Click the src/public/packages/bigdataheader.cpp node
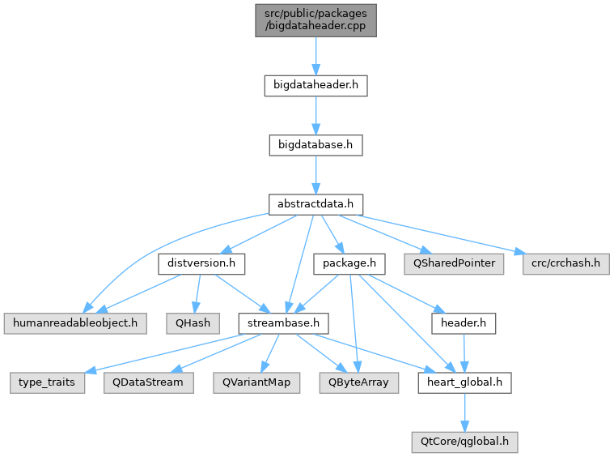315,20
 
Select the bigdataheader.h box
315,86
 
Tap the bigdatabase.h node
315,145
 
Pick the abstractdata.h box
315,204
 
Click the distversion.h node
201,264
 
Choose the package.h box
349,264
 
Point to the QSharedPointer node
454,264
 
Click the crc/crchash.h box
565,264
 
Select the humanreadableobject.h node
75,323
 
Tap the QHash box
193,323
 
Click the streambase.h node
283,323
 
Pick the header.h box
464,323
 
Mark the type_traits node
48,383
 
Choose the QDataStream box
148,383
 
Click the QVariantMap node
256,383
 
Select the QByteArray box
358,383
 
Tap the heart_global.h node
464,383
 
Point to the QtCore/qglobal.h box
464,442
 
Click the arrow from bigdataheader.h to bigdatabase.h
315,116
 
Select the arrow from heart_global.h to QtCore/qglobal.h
464,412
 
